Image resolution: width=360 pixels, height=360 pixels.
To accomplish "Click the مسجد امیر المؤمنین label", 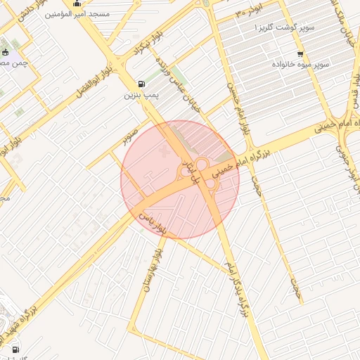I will click(77, 13).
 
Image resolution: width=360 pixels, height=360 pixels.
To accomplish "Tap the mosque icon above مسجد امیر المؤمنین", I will click(77, 4).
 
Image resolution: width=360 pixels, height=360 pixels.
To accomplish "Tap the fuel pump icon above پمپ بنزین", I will click(143, 82).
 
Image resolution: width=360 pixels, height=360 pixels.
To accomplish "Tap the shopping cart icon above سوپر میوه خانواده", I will click(300, 54).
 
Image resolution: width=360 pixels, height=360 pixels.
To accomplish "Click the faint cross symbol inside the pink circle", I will click(166, 151).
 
